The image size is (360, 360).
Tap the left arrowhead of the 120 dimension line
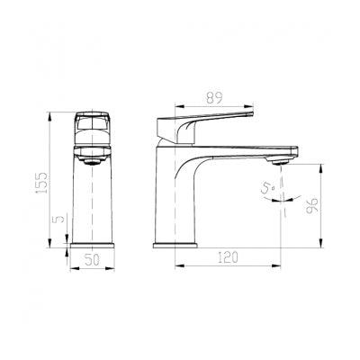pos(176,266)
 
